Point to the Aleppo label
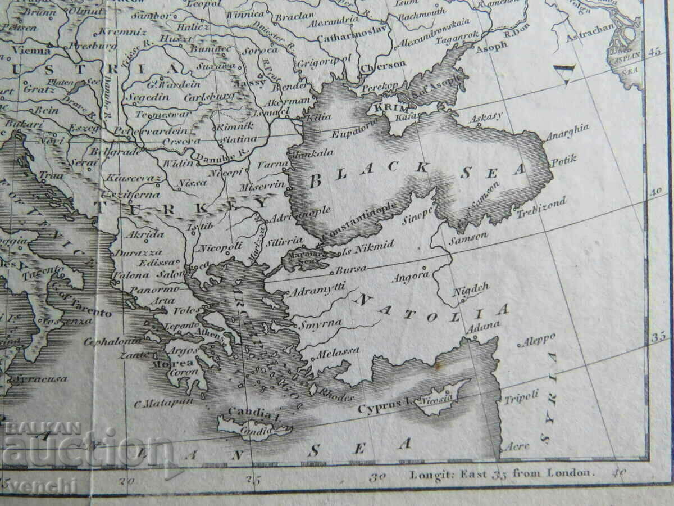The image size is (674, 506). pyautogui.click(x=539, y=341)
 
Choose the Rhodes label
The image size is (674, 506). pyautogui.click(x=336, y=395)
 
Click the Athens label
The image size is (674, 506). pyautogui.click(x=207, y=333)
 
